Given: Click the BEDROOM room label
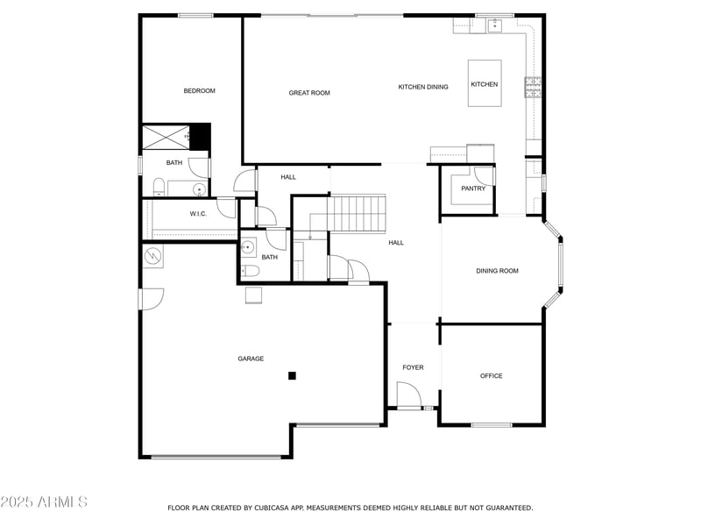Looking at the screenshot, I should click(199, 91).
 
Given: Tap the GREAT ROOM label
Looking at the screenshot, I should click(309, 93).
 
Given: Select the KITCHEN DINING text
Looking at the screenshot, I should click(423, 87).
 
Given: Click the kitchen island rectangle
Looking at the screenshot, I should click(484, 83).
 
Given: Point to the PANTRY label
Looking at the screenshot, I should click(473, 188).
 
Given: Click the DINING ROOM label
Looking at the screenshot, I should click(497, 271).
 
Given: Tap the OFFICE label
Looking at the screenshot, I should click(492, 376).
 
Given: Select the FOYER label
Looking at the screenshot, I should click(413, 367).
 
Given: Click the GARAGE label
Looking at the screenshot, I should click(251, 359).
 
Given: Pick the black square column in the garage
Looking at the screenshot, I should click(293, 376).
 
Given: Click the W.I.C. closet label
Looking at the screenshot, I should click(198, 214).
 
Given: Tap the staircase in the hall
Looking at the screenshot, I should click(358, 213).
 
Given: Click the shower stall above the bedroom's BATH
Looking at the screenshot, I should click(166, 137).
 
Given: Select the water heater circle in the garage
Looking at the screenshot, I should click(153, 256).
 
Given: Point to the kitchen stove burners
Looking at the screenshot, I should click(532, 86).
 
